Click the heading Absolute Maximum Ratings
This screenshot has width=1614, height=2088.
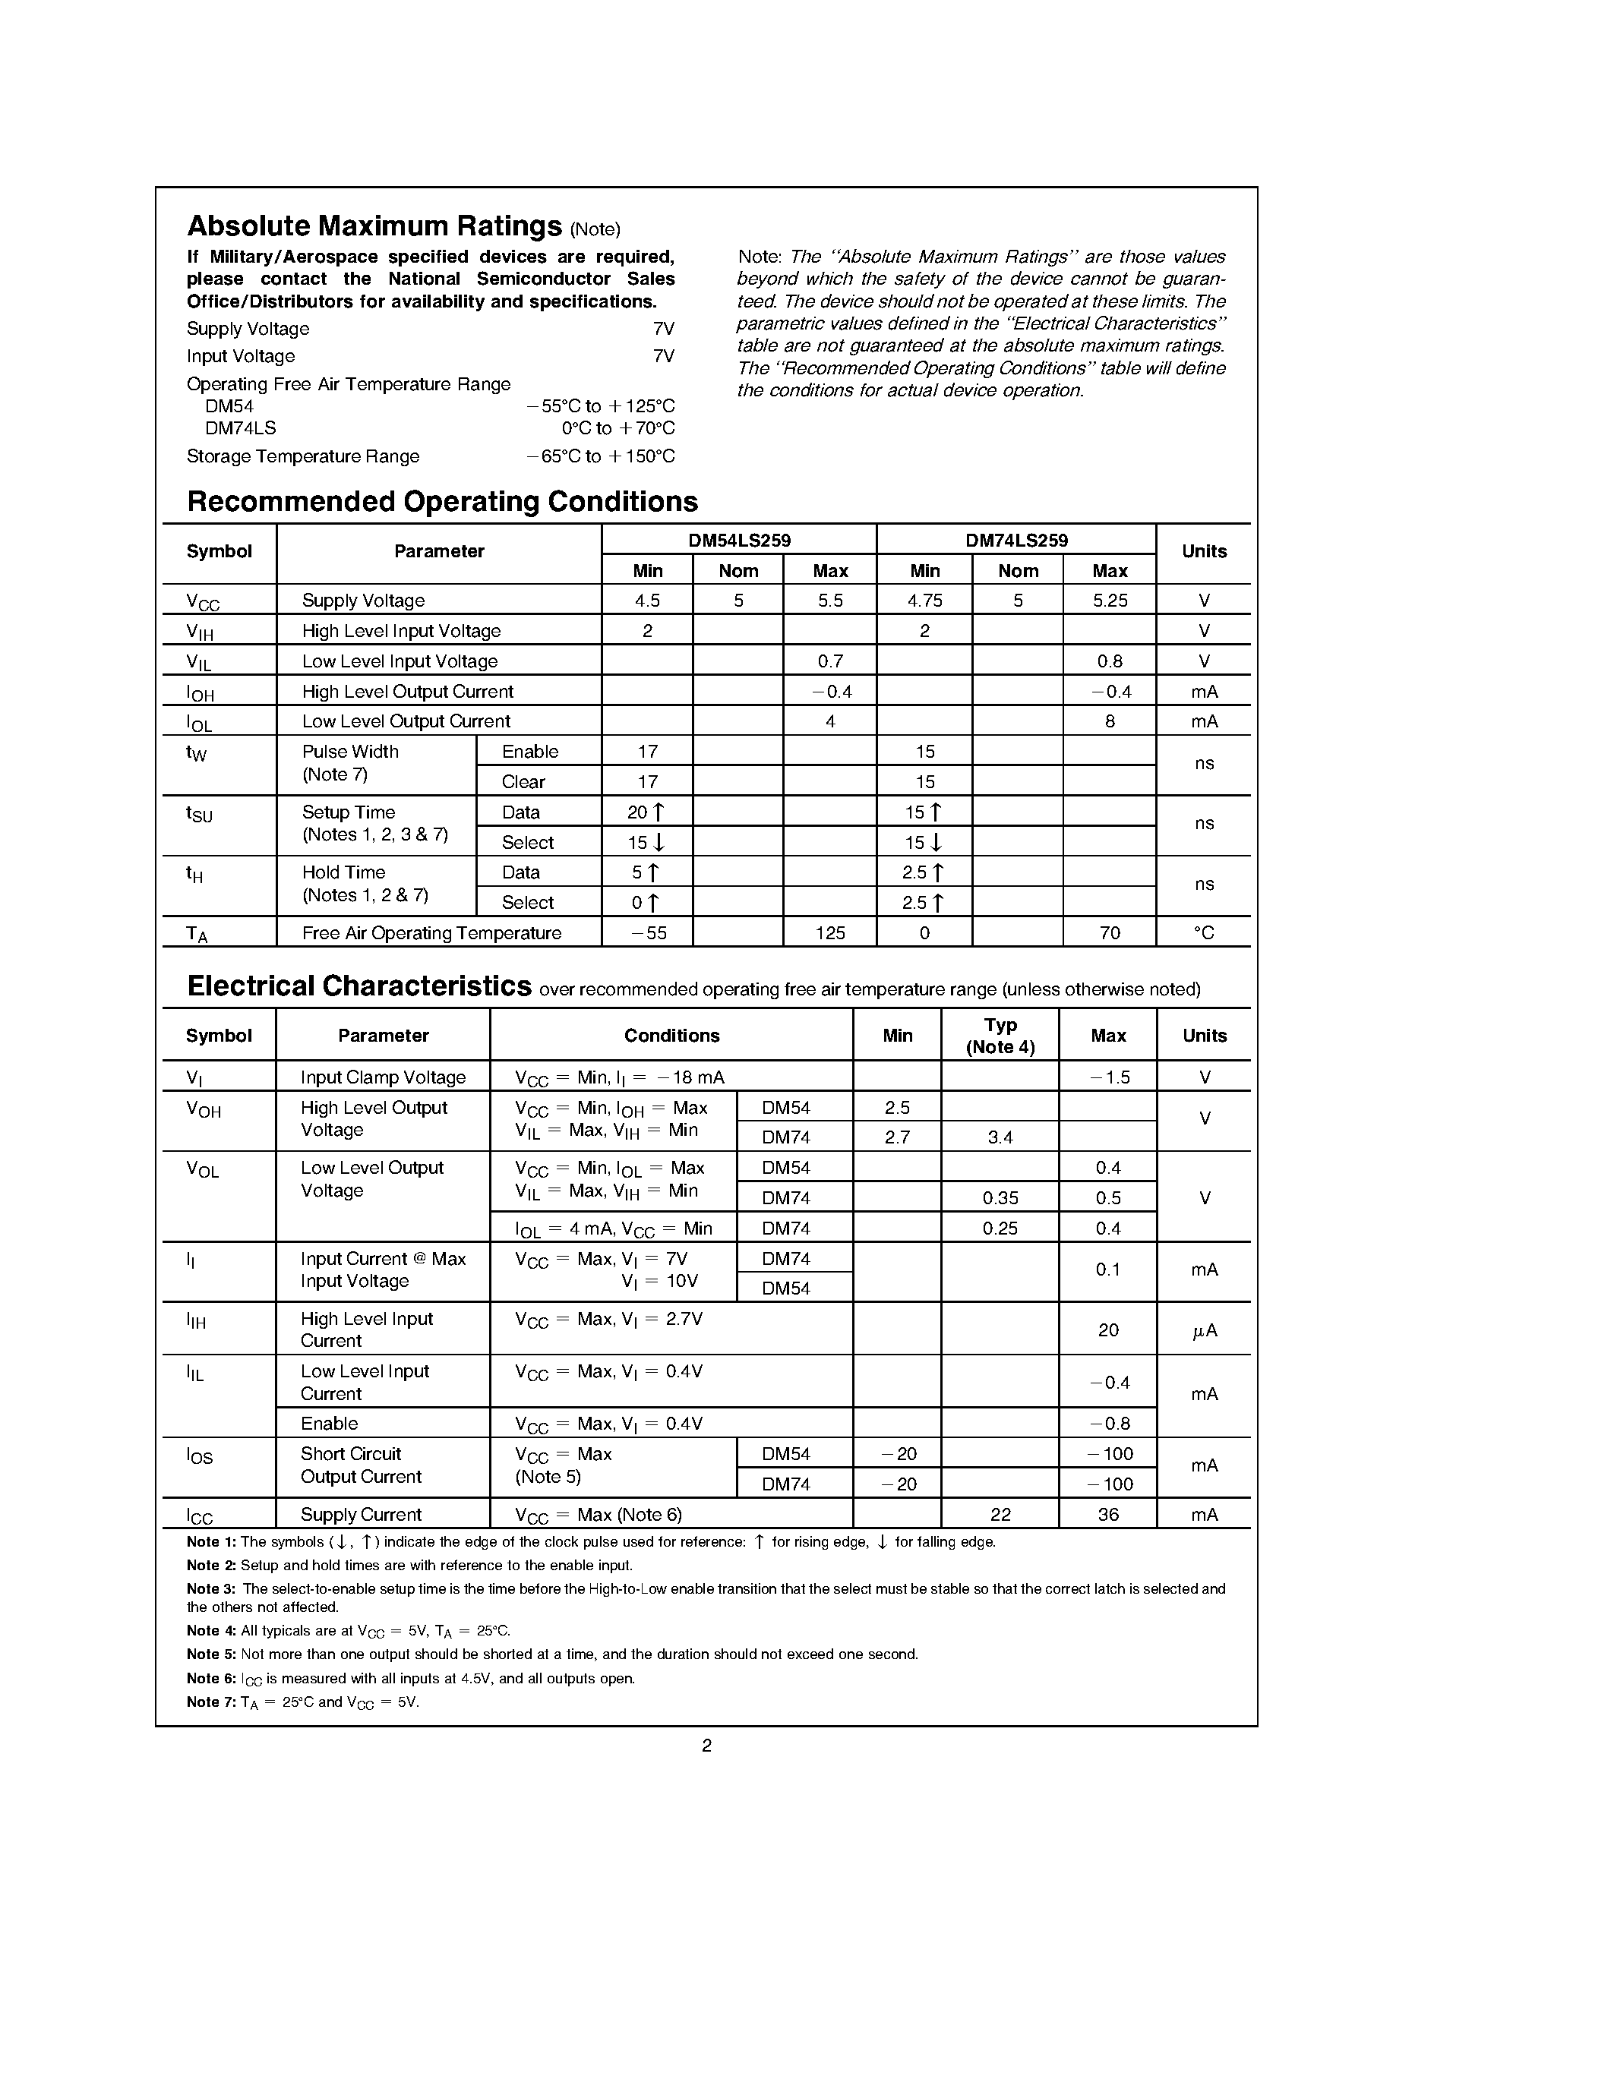point(374,226)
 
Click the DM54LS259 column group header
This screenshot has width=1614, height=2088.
point(739,540)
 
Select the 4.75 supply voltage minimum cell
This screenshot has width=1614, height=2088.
point(924,601)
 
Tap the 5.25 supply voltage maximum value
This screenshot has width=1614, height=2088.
point(1109,601)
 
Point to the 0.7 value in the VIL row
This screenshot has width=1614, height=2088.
point(830,661)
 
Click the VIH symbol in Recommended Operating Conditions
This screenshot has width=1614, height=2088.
point(200,632)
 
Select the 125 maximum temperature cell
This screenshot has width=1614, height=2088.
point(830,932)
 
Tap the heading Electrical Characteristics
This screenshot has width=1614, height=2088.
point(359,986)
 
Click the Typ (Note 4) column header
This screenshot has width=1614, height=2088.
point(1000,1036)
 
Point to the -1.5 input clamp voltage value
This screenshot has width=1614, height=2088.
point(1109,1077)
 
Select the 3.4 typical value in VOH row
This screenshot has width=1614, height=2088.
point(1000,1137)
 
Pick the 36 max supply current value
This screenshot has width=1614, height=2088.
point(1108,1515)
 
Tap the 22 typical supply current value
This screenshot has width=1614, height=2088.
point(1000,1515)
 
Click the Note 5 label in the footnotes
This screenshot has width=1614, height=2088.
point(210,1654)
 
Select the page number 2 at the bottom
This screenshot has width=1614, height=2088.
point(706,1746)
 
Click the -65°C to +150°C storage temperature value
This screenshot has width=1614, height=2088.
point(601,456)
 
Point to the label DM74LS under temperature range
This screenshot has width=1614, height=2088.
point(240,428)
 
